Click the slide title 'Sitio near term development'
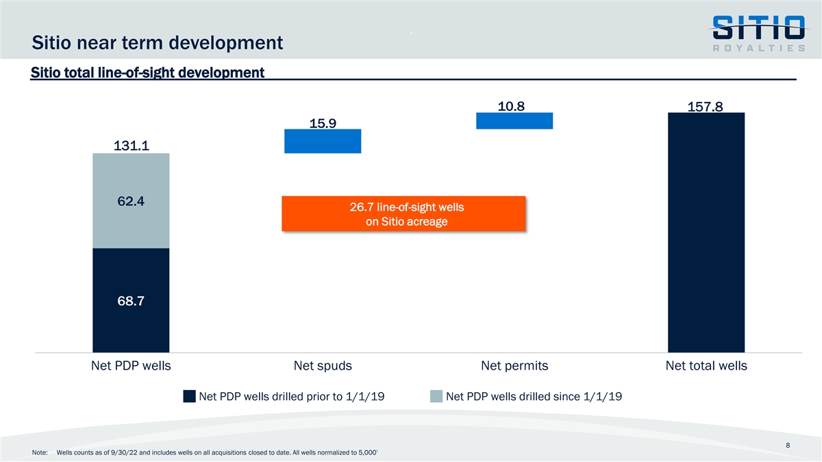[x=158, y=43]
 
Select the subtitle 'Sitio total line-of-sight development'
[x=147, y=72]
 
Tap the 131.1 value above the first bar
[x=131, y=145]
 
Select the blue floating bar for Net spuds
[x=323, y=141]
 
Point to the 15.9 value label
[x=323, y=123]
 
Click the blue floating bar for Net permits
[x=514, y=120]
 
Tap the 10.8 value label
[x=514, y=106]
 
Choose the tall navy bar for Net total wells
[x=706, y=233]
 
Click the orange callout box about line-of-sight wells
[x=403, y=214]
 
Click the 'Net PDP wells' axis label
[x=131, y=365]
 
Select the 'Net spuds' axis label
[x=323, y=365]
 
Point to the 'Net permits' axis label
[x=514, y=365]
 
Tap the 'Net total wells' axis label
[x=706, y=365]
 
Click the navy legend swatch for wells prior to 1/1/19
[x=190, y=396]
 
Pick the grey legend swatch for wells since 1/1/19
[x=436, y=396]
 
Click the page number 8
[x=789, y=445]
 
